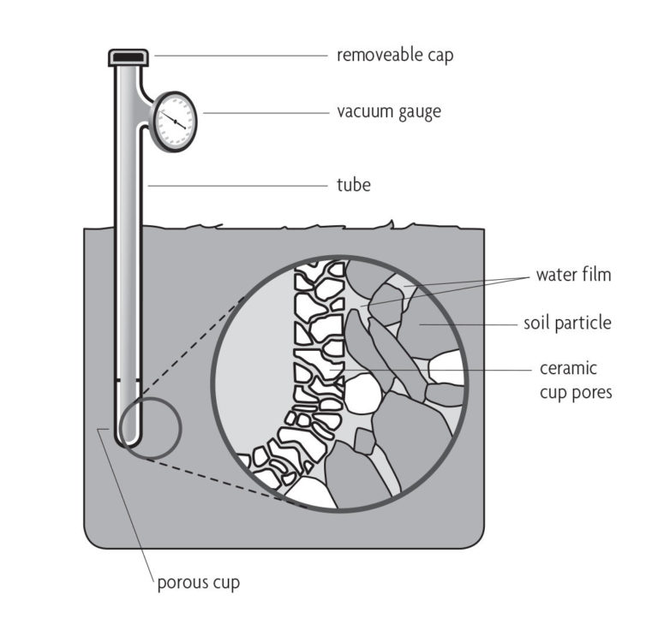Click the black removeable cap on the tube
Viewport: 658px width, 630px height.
click(x=129, y=57)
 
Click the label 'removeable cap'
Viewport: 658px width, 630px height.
click(x=395, y=56)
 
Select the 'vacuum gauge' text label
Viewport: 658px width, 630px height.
click(x=389, y=112)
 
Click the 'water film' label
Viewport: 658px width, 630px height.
click(x=574, y=276)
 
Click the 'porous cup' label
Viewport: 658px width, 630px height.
click(x=198, y=584)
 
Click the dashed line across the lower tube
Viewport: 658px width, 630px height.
click(x=129, y=380)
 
